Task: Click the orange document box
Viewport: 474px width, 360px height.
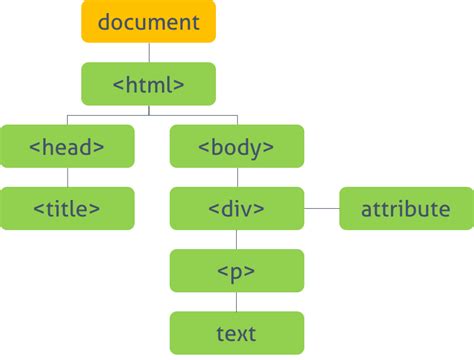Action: click(148, 22)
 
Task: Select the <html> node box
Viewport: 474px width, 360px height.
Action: click(148, 84)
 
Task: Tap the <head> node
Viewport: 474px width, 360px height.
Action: click(67, 146)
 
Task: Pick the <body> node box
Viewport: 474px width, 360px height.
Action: click(236, 146)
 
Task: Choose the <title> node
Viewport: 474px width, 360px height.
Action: click(67, 208)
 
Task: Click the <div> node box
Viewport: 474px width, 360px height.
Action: click(236, 208)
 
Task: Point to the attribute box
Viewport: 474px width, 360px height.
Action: click(405, 208)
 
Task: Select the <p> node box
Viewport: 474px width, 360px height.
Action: click(236, 270)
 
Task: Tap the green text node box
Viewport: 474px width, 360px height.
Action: click(236, 332)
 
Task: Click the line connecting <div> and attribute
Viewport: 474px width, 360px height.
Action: click(321, 208)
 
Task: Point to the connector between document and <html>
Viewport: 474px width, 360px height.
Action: click(148, 53)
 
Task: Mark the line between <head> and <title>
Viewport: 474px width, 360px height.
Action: click(67, 177)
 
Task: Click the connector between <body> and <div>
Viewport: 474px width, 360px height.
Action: click(236, 177)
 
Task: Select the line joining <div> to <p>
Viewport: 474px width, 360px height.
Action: click(236, 239)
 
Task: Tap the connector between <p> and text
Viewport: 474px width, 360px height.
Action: click(236, 301)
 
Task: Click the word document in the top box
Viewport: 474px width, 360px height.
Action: click(148, 22)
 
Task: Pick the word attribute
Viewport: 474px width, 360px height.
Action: click(405, 209)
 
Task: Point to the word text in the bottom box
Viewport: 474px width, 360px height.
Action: click(236, 333)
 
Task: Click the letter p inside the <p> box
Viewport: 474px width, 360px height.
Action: click(236, 272)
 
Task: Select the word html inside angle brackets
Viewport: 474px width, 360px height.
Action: click(149, 84)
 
